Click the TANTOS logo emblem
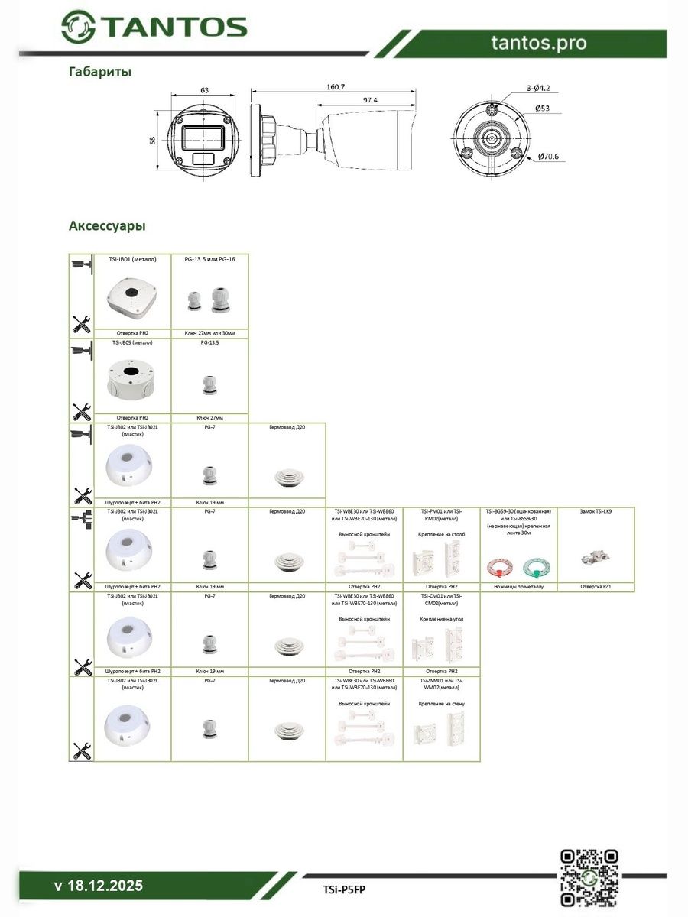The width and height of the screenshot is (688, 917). [78, 28]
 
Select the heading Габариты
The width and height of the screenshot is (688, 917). [100, 72]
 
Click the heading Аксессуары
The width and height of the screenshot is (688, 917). [107, 226]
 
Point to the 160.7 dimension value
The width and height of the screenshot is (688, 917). [336, 87]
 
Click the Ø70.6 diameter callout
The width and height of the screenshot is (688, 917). [548, 157]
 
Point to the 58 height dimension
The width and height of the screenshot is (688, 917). [153, 140]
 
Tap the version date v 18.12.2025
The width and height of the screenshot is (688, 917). [99, 886]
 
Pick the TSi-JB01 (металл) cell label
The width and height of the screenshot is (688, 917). [131, 259]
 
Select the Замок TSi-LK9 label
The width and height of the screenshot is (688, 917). [596, 510]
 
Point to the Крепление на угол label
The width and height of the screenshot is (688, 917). [442, 618]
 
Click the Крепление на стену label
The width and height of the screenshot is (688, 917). [442, 703]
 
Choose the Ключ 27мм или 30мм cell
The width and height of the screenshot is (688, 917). [209, 334]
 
